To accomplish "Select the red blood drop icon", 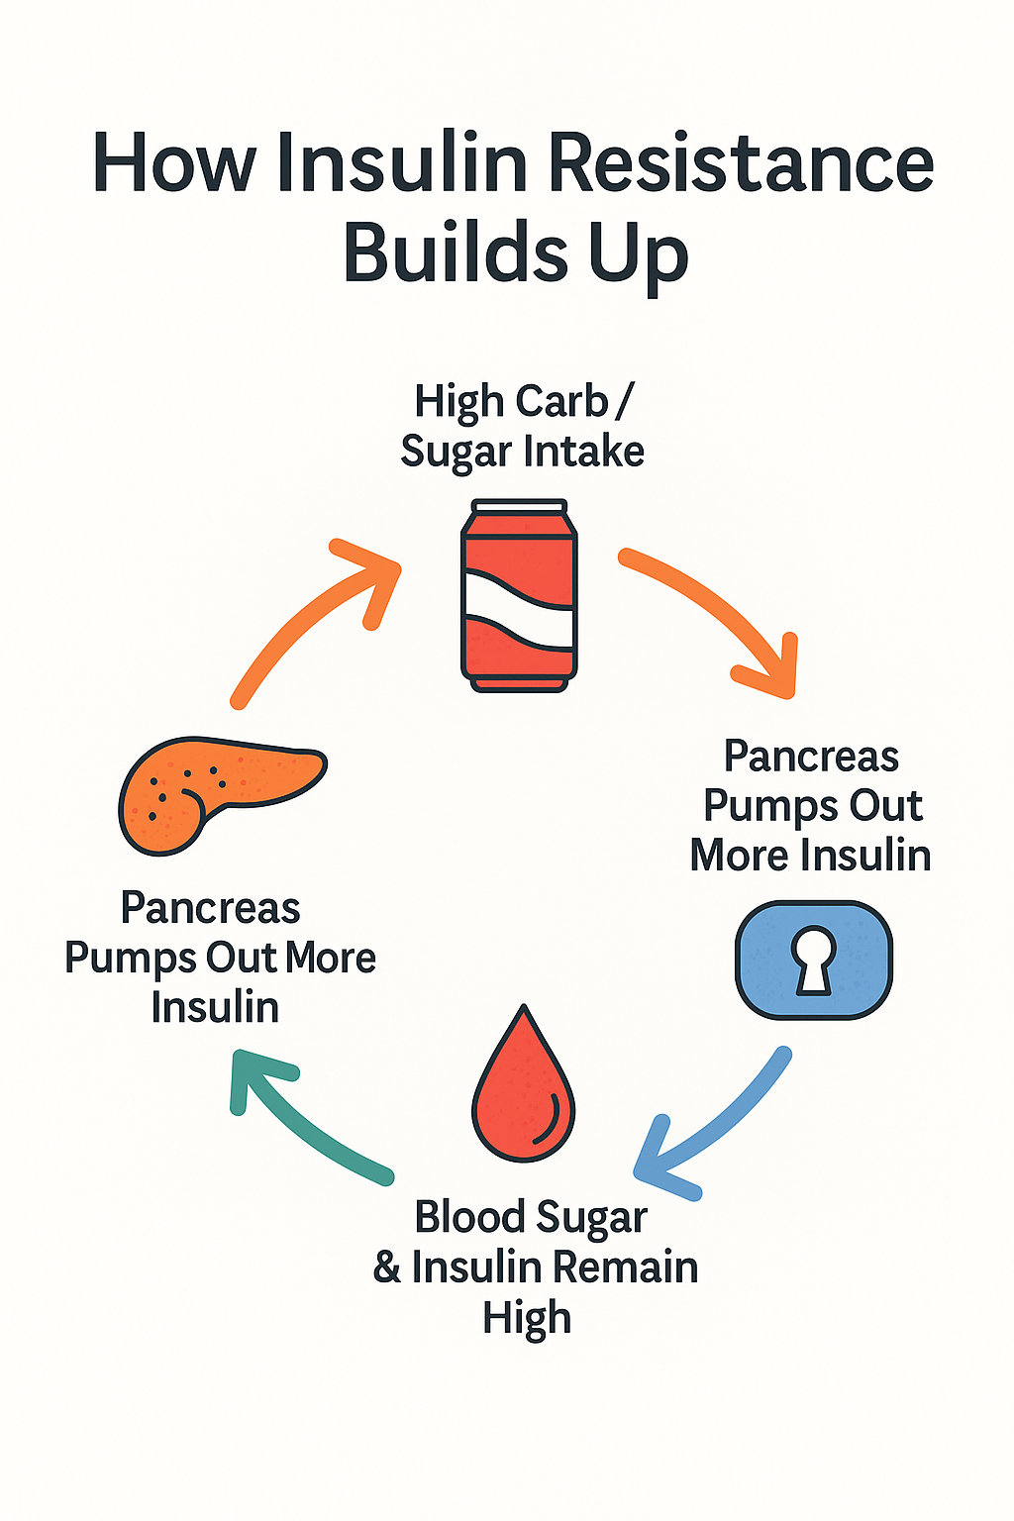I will point(523,1089).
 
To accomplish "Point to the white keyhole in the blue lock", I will point(814,959).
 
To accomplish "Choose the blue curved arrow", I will point(713,1129).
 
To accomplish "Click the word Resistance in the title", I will point(741,163).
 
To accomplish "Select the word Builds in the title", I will point(455,253).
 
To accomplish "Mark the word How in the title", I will point(174,163).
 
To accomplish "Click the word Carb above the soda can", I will point(561,402).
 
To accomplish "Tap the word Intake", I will point(584,452).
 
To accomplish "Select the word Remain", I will point(625,1267).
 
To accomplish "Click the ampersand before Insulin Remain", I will point(387,1268).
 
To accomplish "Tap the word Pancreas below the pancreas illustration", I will point(210,908).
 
